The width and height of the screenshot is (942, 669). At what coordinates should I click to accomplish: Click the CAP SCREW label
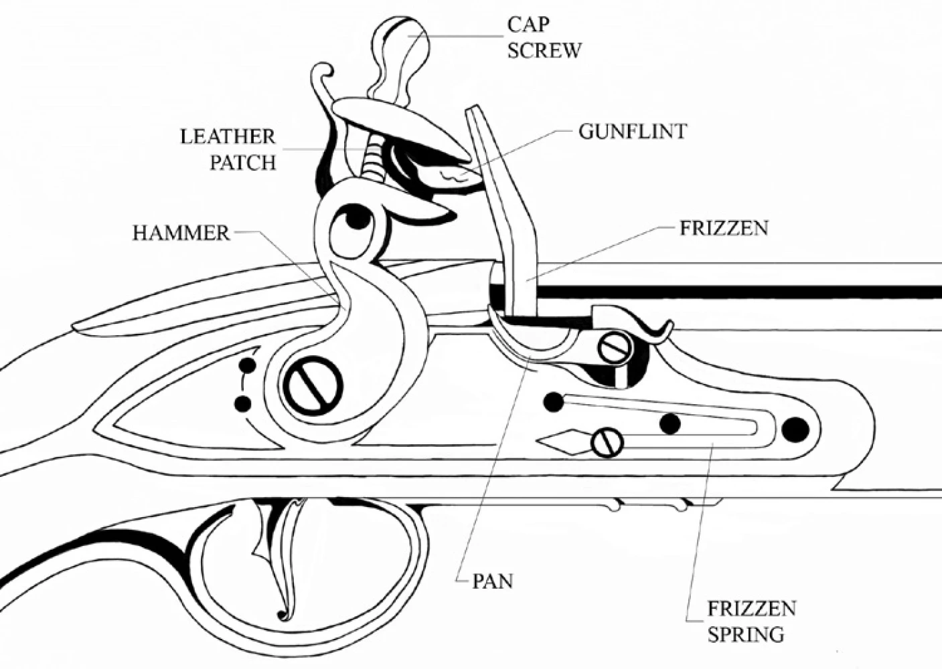coord(544,37)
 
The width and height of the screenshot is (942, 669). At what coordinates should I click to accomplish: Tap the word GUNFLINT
coord(632,131)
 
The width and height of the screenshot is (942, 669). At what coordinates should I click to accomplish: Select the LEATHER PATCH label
coord(228,149)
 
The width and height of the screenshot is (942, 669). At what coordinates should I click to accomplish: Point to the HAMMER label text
coord(181,233)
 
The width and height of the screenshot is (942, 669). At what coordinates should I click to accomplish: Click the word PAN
coord(493,581)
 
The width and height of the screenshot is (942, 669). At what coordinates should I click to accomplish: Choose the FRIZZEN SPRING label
coord(751,621)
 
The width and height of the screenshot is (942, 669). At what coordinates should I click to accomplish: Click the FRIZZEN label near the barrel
coord(724,228)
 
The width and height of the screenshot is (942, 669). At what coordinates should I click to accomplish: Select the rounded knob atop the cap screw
coord(399,40)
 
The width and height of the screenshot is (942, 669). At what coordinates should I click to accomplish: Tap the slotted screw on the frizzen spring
coord(607,442)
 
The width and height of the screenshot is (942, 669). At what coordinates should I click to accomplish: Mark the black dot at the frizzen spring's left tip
coord(553,401)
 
